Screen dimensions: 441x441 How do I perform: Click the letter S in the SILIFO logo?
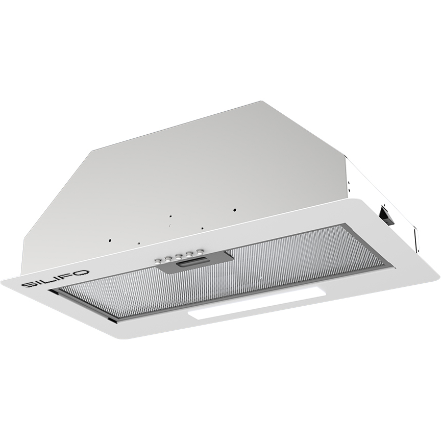[x=29, y=285]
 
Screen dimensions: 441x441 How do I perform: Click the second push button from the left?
[x=168, y=258]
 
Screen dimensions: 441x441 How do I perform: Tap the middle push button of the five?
[x=179, y=256]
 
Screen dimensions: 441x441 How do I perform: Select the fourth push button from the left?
[x=189, y=253]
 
